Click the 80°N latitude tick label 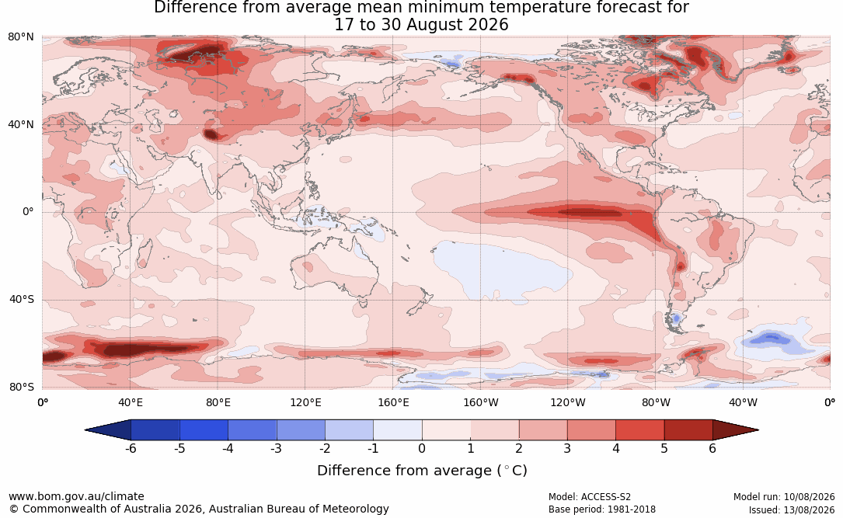pos(20,37)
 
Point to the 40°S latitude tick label pos(22,299)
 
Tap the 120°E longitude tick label pos(305,402)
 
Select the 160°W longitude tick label pos(480,402)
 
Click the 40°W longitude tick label pos(743,402)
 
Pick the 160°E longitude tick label pos(393,402)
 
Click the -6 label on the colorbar pos(131,448)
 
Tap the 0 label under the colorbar pos(422,448)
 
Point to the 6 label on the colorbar pos(712,448)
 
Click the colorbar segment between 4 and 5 pos(639,430)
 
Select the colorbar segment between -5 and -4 pos(204,430)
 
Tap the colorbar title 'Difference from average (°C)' pos(422,471)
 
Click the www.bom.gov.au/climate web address pos(76,496)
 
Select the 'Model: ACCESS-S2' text pos(590,497)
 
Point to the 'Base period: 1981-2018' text pos(602,509)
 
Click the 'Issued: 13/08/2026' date pos(792,509)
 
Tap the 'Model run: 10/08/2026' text pos(784,497)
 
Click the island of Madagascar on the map pos(144,254)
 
